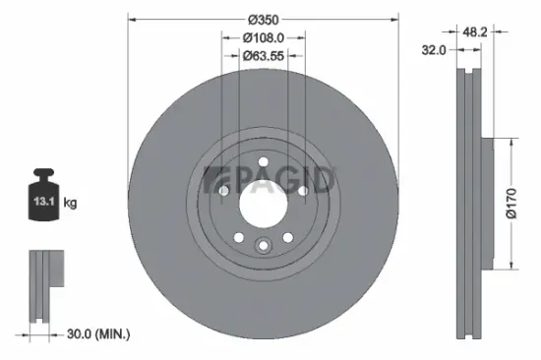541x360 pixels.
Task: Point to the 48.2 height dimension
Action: pyautogui.click(x=478, y=30)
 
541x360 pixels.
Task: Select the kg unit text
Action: pyautogui.click(x=71, y=203)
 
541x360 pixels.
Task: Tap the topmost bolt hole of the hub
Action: pyautogui.click(x=264, y=163)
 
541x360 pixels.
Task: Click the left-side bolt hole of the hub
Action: pyautogui.click(x=224, y=190)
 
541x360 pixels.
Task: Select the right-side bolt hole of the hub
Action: pyautogui.click(x=302, y=190)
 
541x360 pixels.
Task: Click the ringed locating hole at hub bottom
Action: pyautogui.click(x=264, y=246)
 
